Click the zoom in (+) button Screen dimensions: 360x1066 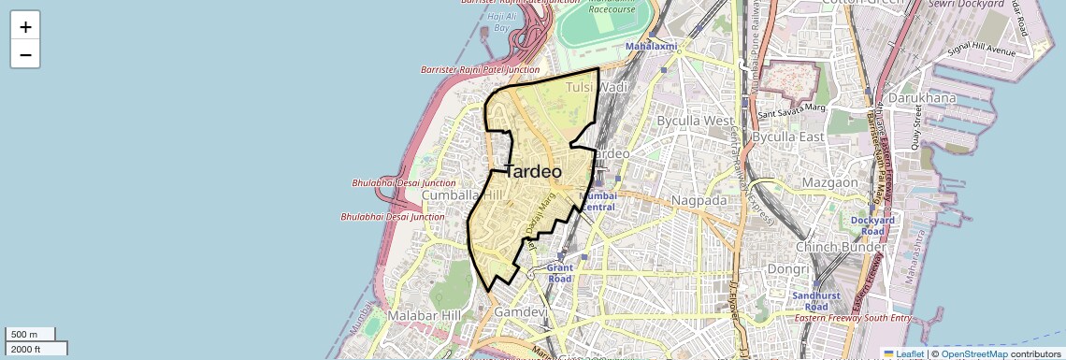click(x=25, y=26)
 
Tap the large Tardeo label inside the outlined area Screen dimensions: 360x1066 click(x=533, y=172)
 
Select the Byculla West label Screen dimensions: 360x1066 click(x=696, y=121)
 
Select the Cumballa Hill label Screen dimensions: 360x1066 click(x=462, y=195)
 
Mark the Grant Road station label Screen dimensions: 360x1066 click(x=559, y=273)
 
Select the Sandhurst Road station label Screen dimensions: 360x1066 click(x=810, y=300)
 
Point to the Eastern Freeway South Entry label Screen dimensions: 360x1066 click(x=852, y=319)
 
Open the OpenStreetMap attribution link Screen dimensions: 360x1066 click(x=973, y=353)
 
